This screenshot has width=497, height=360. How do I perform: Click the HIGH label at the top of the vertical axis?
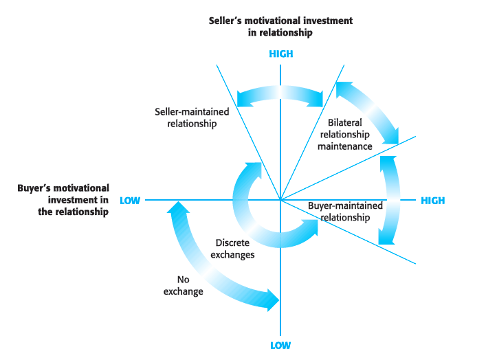280,54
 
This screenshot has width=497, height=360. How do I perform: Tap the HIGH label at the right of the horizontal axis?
432,201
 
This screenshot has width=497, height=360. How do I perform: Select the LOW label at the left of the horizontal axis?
130,201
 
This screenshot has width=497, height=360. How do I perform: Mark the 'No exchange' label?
183,285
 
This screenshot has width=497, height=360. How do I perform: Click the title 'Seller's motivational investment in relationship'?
280,26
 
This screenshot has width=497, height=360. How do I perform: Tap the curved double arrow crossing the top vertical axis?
280,95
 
